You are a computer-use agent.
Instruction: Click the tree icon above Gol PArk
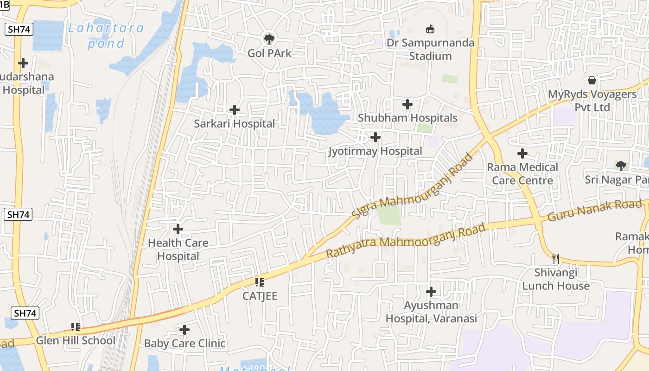(269, 39)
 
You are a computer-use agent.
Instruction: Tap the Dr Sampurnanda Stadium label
(431, 50)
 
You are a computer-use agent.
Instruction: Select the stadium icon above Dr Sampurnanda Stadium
(431, 29)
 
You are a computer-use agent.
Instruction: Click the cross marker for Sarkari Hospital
(235, 110)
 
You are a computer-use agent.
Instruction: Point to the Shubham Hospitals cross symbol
(407, 104)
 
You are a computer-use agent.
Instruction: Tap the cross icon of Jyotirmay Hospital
(375, 137)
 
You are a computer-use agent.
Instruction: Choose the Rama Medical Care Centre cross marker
(522, 154)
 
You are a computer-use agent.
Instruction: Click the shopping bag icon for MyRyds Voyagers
(592, 80)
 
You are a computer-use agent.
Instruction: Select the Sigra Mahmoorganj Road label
(413, 186)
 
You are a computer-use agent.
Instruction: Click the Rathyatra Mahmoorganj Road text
(406, 240)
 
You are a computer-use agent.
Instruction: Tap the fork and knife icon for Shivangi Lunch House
(556, 258)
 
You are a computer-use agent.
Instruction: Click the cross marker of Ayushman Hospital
(431, 292)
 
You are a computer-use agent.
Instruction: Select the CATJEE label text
(260, 296)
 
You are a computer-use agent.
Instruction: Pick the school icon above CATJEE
(260, 282)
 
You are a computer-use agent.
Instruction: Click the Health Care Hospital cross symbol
(178, 229)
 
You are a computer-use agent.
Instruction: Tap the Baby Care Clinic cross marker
(185, 330)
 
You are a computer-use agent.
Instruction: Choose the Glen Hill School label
(76, 340)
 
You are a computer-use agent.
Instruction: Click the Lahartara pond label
(106, 36)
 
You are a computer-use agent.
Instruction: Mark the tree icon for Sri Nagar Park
(621, 166)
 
